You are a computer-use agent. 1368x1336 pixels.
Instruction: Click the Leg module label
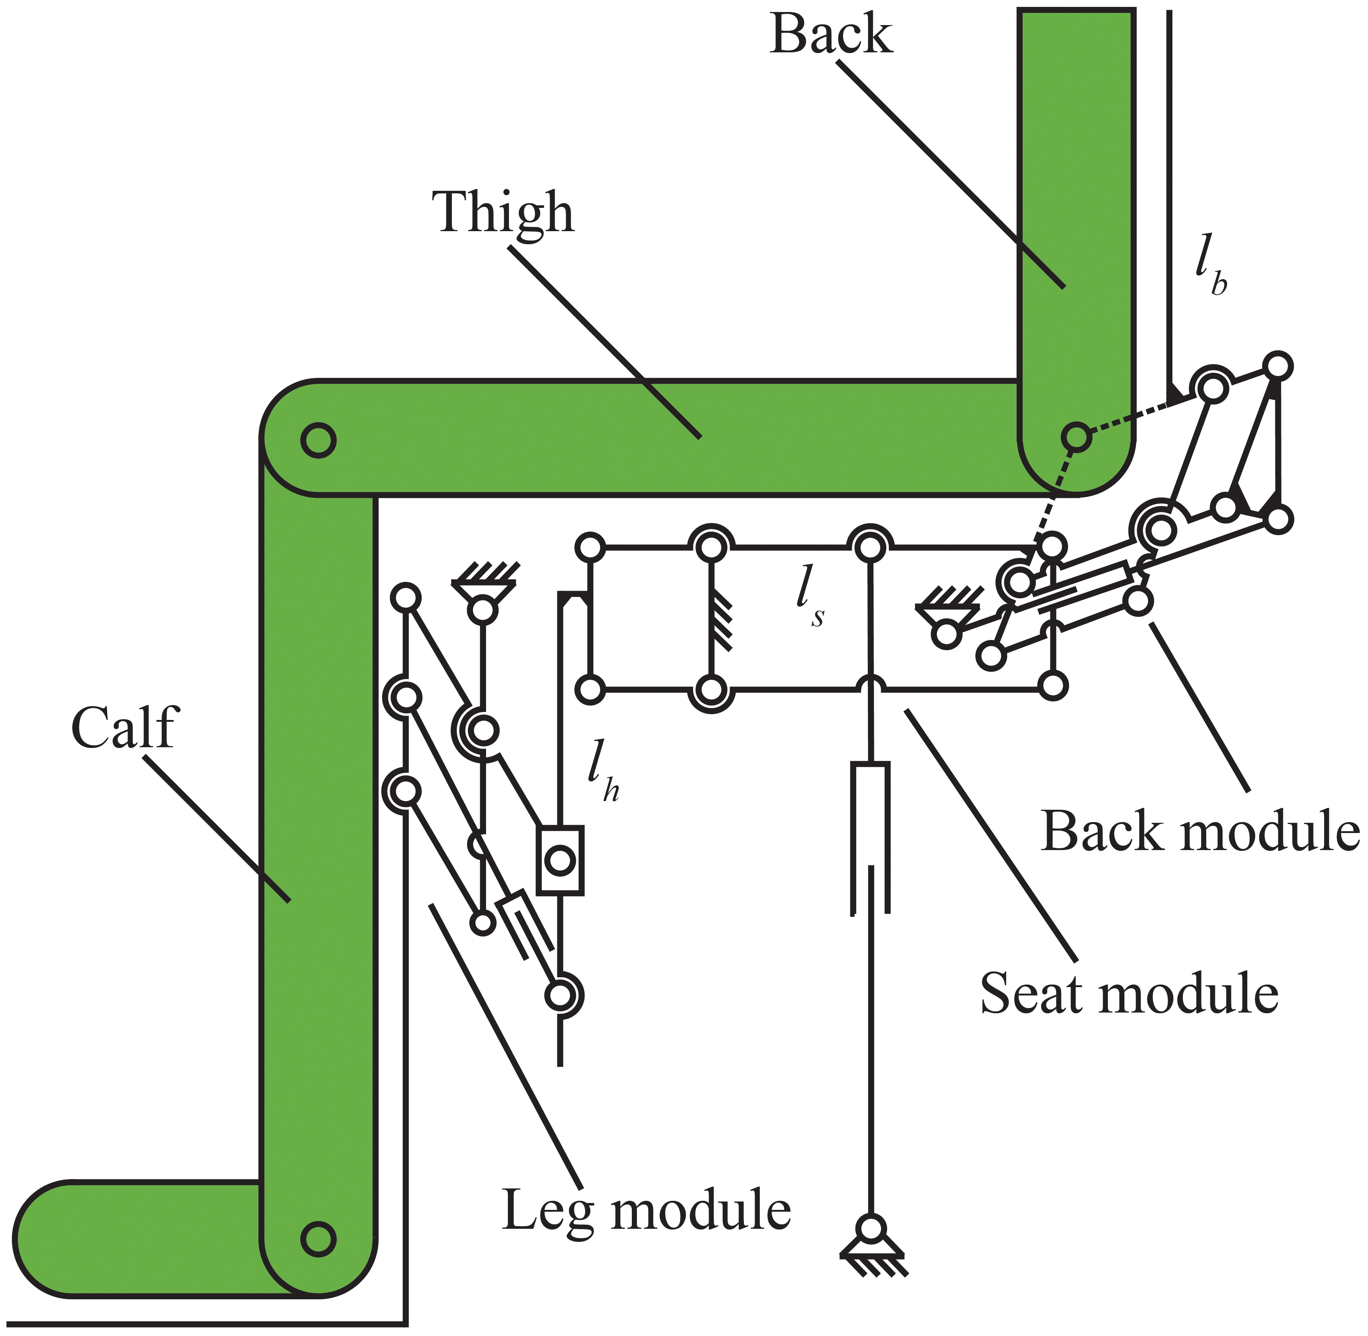(x=646, y=1210)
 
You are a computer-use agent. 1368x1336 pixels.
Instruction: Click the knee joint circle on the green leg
(x=318, y=440)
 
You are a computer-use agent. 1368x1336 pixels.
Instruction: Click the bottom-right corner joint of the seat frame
(x=1052, y=685)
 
